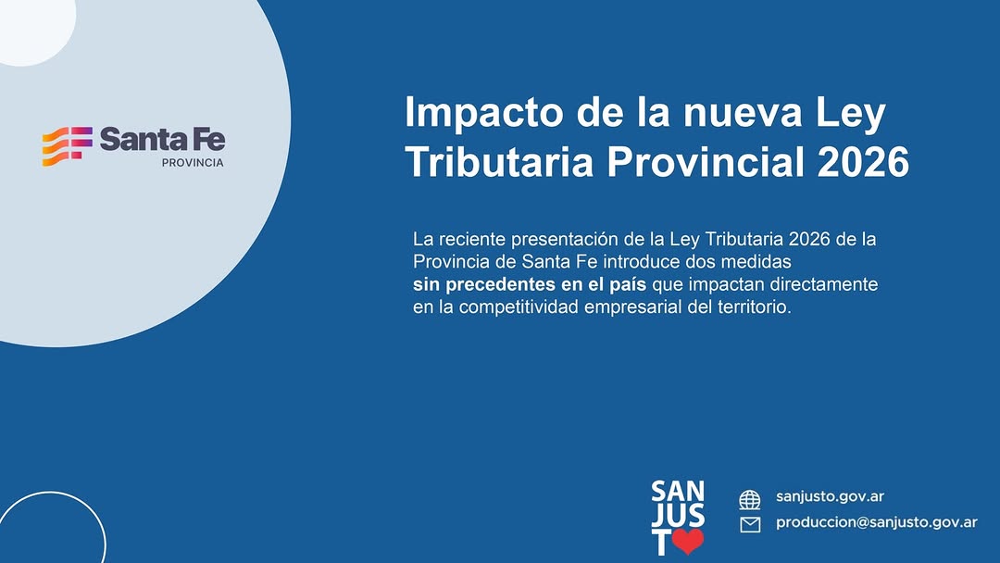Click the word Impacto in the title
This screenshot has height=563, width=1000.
(x=484, y=114)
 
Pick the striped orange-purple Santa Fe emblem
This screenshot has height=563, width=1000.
(x=67, y=146)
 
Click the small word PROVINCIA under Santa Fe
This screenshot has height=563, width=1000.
(x=193, y=163)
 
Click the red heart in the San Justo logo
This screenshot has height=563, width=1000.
(x=688, y=541)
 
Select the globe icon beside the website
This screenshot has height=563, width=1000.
(x=749, y=500)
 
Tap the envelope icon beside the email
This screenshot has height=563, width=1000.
(x=750, y=525)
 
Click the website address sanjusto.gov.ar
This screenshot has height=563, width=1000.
(x=830, y=496)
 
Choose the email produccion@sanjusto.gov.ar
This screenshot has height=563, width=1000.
(x=876, y=523)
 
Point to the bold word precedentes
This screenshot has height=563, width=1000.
(x=501, y=284)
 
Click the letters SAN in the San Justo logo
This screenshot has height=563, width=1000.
(x=678, y=492)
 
